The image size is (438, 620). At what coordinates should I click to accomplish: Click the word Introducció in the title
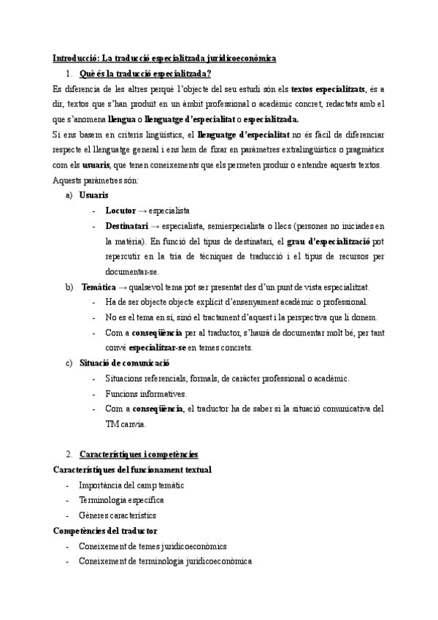(x=75, y=58)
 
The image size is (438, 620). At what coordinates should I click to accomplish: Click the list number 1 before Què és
(x=68, y=73)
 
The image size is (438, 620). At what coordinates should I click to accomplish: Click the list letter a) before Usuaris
(x=69, y=195)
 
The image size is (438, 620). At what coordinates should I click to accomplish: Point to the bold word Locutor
(x=120, y=211)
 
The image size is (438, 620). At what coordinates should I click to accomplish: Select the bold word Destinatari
(x=127, y=226)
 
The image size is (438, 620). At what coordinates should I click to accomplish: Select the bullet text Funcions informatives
(x=146, y=393)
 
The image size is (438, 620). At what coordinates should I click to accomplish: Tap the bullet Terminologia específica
(x=122, y=500)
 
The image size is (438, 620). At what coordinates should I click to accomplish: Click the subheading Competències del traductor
(x=106, y=531)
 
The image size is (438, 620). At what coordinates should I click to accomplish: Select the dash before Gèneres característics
(x=67, y=515)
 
